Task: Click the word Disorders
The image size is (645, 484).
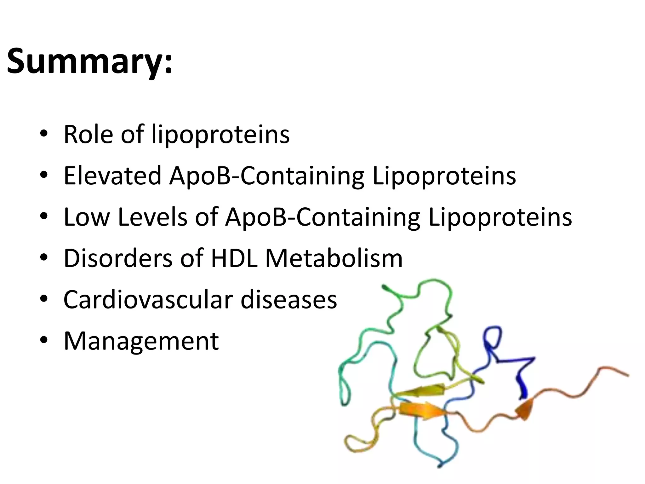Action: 118,258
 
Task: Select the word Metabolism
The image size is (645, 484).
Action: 334,258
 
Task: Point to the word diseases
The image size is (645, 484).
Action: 289,300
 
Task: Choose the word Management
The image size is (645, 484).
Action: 141,341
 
